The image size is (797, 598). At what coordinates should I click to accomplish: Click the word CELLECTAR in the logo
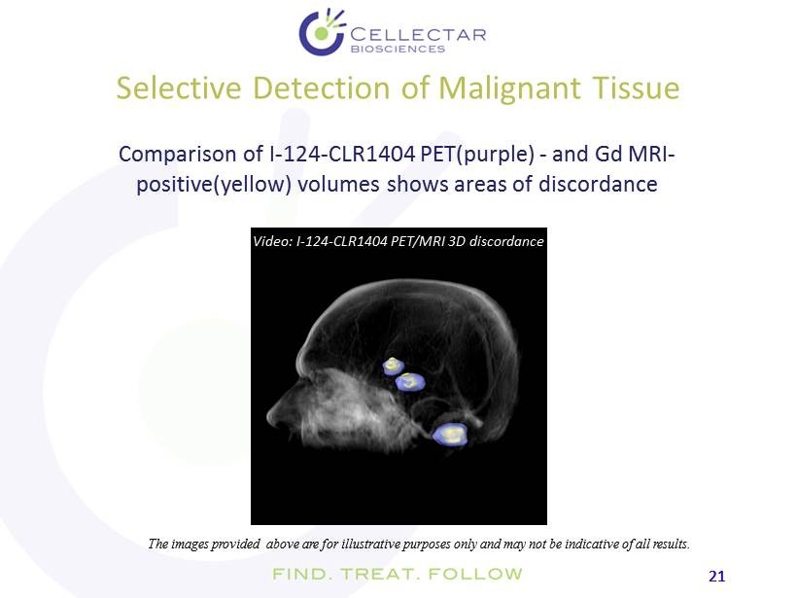[x=418, y=35]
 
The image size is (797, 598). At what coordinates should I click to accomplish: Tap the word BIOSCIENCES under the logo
[x=398, y=49]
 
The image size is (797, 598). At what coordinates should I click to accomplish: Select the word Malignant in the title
[x=509, y=88]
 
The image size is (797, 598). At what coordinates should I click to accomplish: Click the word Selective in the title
[x=179, y=88]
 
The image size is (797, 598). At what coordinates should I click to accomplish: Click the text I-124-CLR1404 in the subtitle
[x=341, y=154]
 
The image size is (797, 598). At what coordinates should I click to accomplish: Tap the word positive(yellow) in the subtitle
[x=214, y=184]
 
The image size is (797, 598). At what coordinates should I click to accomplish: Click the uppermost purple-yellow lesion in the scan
[x=393, y=366]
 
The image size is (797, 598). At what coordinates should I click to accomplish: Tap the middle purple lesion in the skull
[x=410, y=381]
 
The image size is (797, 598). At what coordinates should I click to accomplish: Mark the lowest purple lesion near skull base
[x=450, y=435]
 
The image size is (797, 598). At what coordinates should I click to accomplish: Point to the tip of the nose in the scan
[x=268, y=417]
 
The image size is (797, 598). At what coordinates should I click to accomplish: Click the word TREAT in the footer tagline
[x=379, y=574]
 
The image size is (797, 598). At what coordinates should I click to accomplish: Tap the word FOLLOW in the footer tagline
[x=475, y=574]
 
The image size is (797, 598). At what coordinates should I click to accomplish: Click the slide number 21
[x=716, y=577]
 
